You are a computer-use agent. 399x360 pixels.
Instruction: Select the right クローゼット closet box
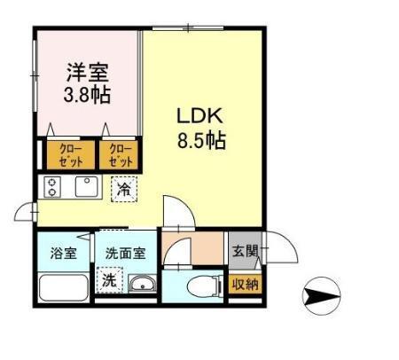(120, 155)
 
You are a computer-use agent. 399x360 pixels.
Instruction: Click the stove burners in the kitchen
(54, 187)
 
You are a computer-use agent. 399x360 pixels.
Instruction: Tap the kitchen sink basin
(87, 187)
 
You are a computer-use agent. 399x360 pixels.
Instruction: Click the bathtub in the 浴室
(63, 287)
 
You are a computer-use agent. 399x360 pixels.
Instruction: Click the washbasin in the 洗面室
(141, 285)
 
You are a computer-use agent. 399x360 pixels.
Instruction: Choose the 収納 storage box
(245, 285)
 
